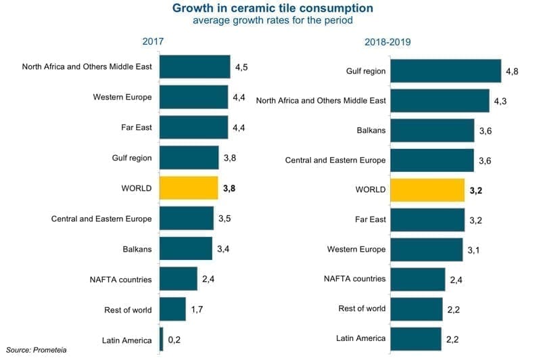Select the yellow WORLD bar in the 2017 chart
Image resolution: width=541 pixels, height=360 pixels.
(189, 188)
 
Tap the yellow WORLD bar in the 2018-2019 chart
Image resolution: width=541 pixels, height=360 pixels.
(427, 190)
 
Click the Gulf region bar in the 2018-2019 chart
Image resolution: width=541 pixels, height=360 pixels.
(446, 71)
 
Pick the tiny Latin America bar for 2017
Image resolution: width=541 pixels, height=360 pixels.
(161, 339)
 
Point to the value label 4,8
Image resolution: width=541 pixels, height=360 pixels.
(513, 71)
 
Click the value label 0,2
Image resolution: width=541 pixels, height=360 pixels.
(174, 340)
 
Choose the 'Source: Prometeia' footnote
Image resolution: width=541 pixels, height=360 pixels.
(34, 351)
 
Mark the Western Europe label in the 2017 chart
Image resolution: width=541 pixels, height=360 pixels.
(122, 97)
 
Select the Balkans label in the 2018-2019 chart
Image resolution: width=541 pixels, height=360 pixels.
(371, 131)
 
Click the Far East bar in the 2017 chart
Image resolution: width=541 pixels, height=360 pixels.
(193, 127)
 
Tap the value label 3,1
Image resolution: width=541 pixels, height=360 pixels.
(474, 250)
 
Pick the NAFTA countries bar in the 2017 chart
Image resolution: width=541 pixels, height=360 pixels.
(179, 279)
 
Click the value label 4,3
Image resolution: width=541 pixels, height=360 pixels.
(501, 101)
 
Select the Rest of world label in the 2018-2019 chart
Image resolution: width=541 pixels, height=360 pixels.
(362, 309)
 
